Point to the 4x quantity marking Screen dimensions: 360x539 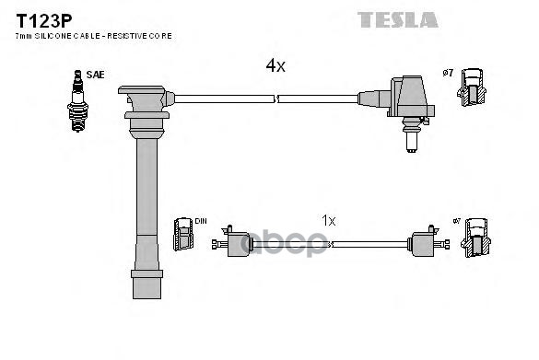point(275,65)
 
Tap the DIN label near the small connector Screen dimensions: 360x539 point(200,222)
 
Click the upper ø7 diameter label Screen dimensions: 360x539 point(448,72)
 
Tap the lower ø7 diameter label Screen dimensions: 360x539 point(454,222)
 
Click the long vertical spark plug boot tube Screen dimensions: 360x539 point(146,203)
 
